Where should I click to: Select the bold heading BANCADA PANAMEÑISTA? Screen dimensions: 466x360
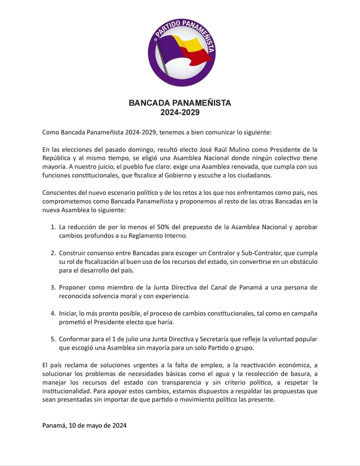(x=180, y=103)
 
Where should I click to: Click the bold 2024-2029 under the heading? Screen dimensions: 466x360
(x=180, y=113)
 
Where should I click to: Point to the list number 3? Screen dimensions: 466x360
(x=53, y=287)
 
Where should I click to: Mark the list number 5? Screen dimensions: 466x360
(x=53, y=339)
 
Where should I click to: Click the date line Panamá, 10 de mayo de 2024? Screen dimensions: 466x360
(x=84, y=425)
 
